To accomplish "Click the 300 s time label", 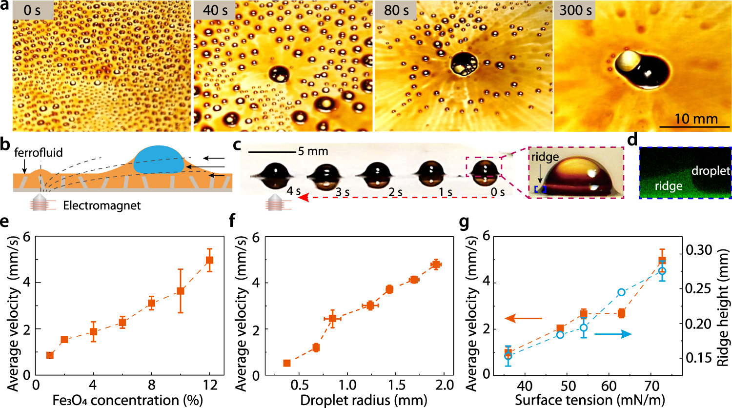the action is point(575,10).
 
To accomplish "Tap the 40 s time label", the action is point(215,10).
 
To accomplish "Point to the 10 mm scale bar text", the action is point(696,118).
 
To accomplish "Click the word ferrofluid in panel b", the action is point(39,152).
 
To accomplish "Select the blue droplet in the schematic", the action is point(159,159).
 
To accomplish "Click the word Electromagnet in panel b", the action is point(102,205).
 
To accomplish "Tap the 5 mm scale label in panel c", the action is point(313,152).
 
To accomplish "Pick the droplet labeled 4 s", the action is point(276,176).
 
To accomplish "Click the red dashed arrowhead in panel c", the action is point(305,198).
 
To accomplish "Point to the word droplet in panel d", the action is point(711,171).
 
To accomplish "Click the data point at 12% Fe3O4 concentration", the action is point(209,260).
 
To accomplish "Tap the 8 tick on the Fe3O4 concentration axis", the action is point(151,385).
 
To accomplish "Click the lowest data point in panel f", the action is point(286,363).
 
